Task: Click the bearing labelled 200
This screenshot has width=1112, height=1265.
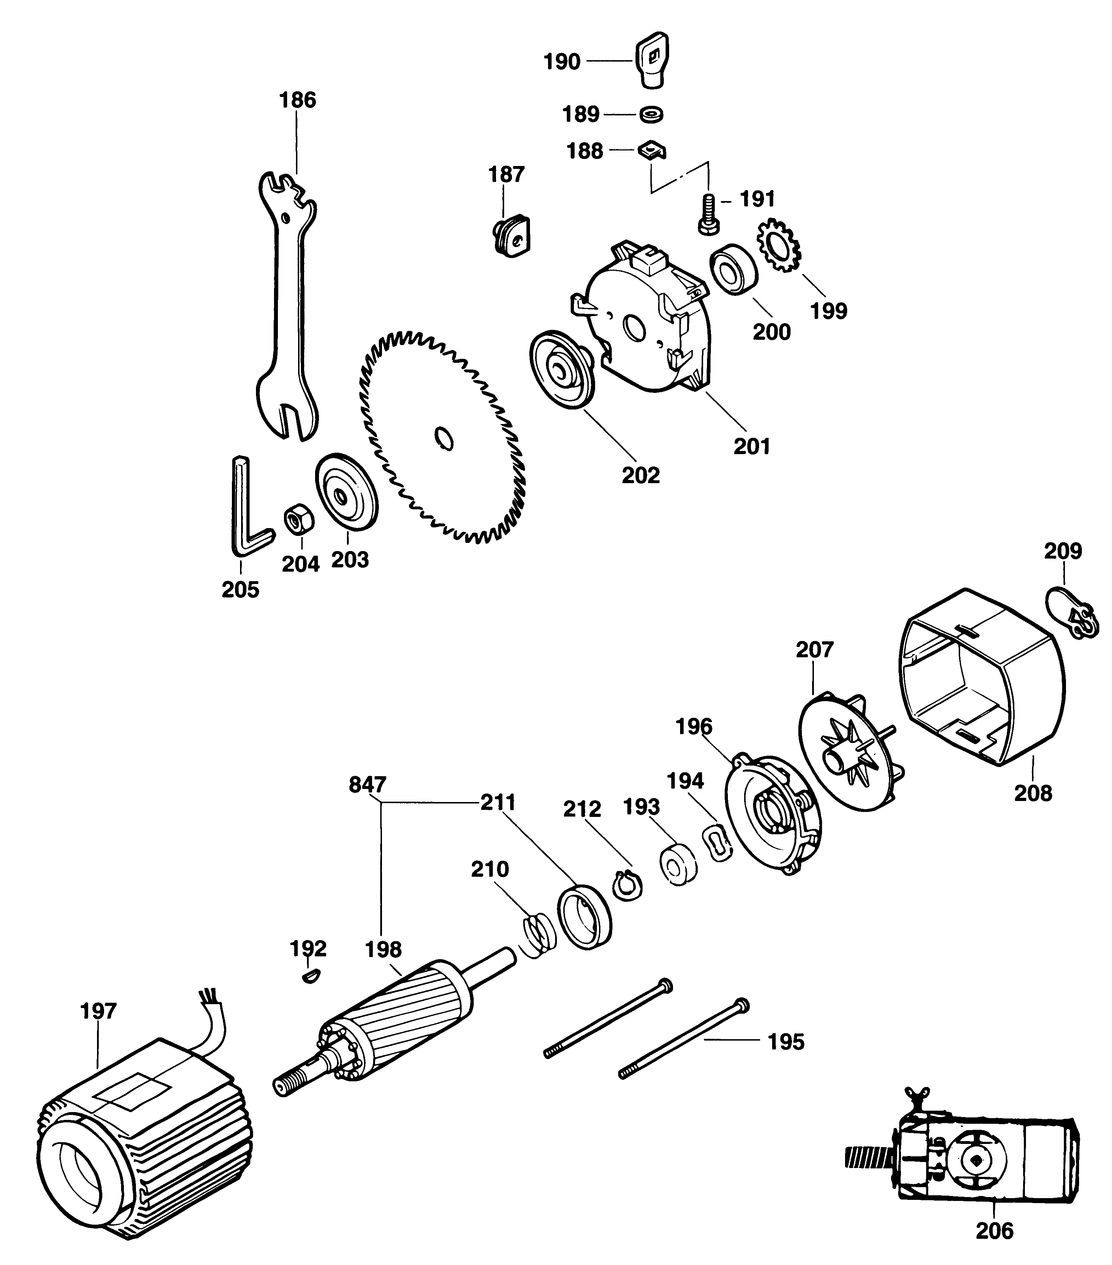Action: coord(734,270)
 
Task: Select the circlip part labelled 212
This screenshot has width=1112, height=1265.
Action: coord(627,886)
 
